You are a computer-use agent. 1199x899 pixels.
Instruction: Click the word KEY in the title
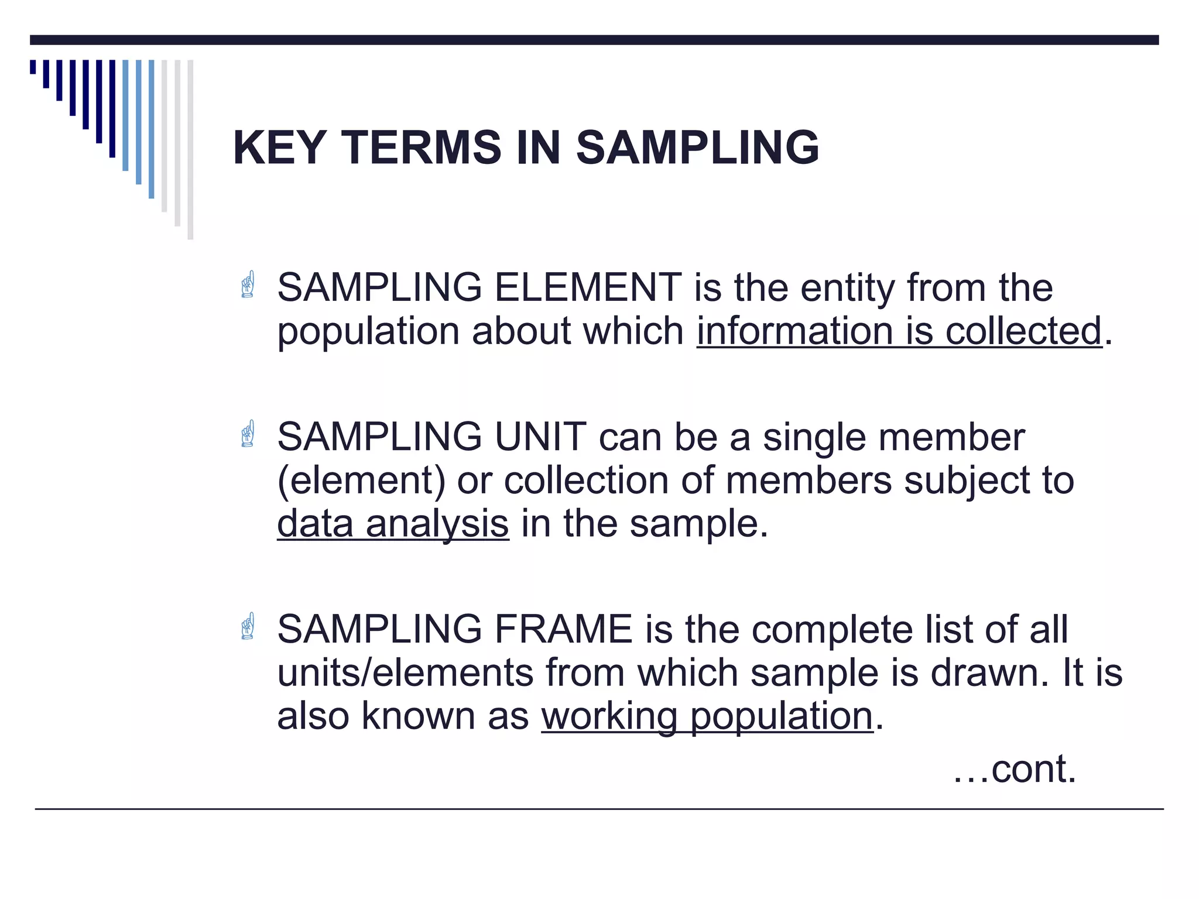point(279,147)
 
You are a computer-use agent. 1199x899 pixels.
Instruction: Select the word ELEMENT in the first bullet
point(587,288)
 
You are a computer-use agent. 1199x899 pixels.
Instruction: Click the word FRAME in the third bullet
point(563,630)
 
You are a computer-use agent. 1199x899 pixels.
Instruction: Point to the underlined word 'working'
point(609,716)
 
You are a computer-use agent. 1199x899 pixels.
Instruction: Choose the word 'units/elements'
point(405,673)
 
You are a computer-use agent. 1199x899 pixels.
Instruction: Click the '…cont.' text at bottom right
point(1015,769)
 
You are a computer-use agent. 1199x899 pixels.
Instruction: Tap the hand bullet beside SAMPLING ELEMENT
point(248,284)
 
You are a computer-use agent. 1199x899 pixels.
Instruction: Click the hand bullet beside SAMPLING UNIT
point(248,434)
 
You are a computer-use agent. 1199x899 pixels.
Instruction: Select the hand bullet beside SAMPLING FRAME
point(248,626)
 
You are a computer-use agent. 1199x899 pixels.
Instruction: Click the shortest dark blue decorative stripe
point(33,67)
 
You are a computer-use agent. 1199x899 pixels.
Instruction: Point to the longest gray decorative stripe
point(190,149)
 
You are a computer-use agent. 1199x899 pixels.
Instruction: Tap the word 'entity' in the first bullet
point(847,288)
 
